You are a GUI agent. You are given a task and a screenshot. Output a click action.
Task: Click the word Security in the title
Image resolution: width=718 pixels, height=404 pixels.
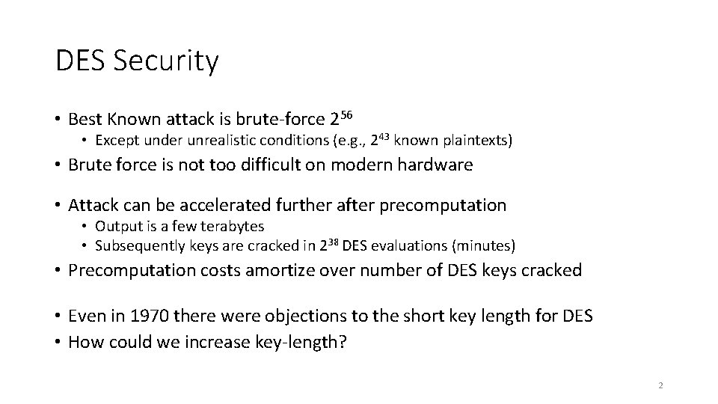coord(166,61)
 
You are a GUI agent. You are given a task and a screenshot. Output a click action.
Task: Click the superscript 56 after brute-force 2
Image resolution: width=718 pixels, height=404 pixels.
coord(346,115)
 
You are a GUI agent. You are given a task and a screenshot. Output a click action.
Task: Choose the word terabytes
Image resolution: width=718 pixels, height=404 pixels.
coord(233,226)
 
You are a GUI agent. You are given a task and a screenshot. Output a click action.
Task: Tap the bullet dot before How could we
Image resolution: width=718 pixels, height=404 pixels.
coord(58,343)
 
